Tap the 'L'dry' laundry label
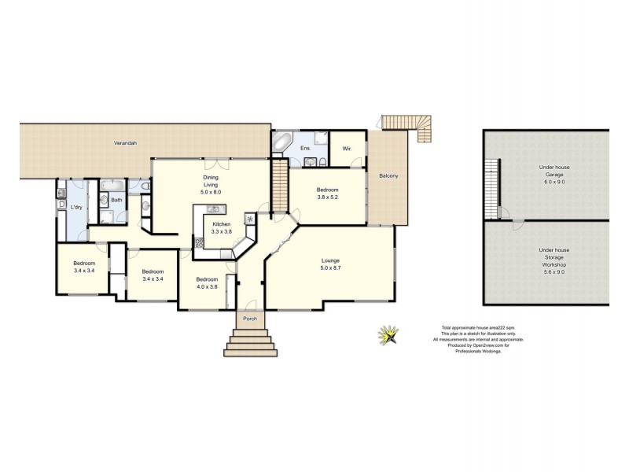point(76,207)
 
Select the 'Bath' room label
point(116,200)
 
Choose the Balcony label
point(388,175)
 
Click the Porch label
point(252,318)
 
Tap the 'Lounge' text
point(329,260)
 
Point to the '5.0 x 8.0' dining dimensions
point(212,192)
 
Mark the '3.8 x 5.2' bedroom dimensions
point(328,197)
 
